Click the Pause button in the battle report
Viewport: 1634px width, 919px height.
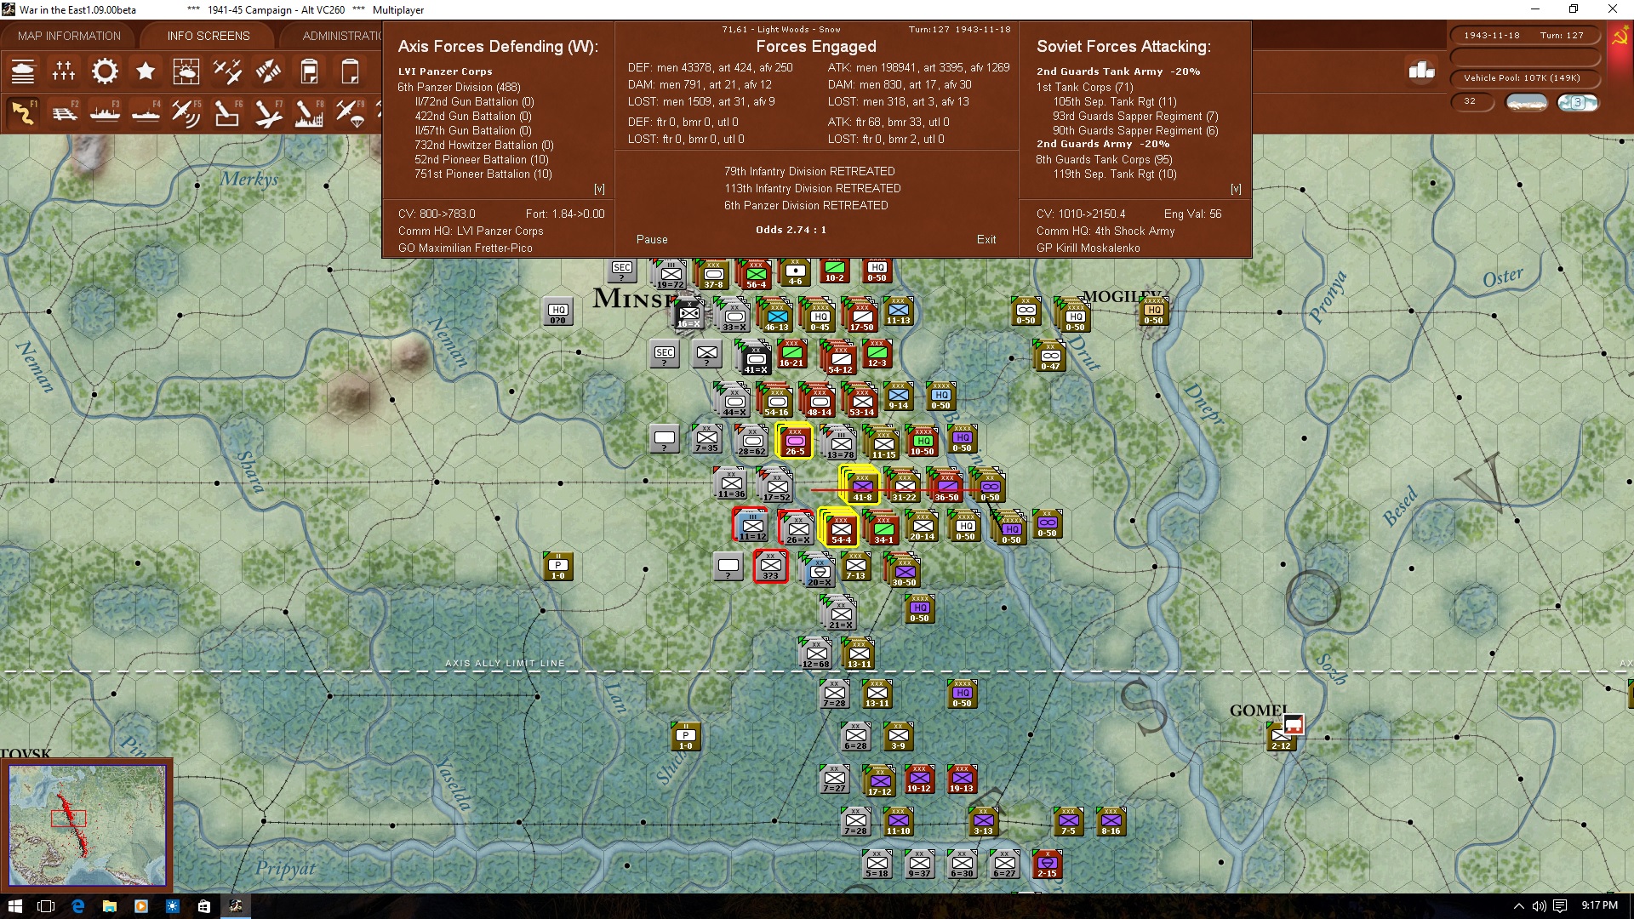[652, 240]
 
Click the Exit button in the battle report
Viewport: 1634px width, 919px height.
[986, 240]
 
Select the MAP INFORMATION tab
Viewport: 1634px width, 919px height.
[69, 36]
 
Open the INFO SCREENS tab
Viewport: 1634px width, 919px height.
[209, 36]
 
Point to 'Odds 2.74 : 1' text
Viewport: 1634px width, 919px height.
[791, 230]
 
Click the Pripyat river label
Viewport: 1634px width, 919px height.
[285, 869]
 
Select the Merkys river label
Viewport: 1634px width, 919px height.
[249, 179]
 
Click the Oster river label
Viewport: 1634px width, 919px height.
[1502, 277]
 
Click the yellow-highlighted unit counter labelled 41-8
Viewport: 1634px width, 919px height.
[862, 486]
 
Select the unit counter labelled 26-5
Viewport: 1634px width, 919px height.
[795, 442]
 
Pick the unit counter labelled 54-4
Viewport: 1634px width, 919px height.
[841, 528]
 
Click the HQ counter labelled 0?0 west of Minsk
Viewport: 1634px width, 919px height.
[557, 312]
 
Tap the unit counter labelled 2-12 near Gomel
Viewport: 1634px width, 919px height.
[1281, 738]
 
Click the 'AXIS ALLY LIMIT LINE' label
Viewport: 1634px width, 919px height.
[505, 664]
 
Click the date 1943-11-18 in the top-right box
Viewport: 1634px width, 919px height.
[1492, 36]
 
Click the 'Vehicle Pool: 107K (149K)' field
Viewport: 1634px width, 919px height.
[1522, 78]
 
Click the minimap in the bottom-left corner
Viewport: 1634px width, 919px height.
[87, 824]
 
